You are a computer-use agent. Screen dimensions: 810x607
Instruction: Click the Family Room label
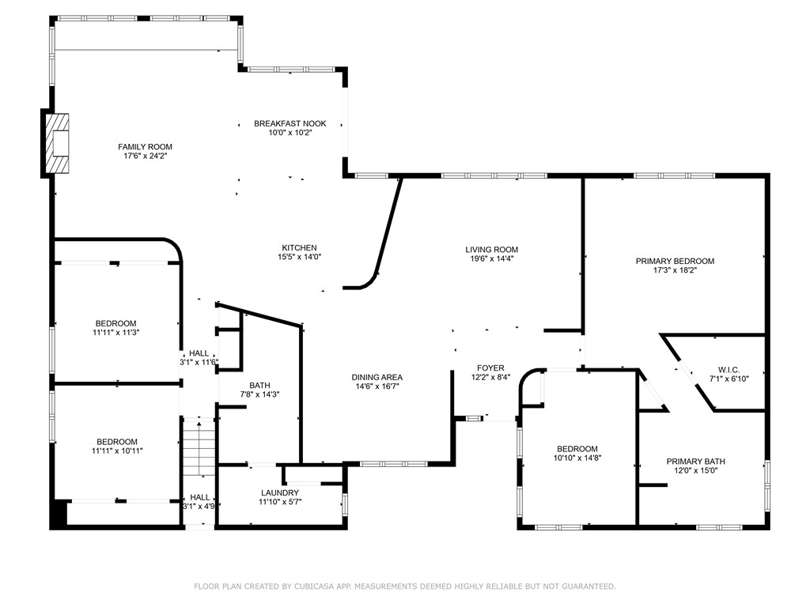point(146,146)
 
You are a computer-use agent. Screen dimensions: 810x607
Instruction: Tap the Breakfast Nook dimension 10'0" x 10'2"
point(290,133)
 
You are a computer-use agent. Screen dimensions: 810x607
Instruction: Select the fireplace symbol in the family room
point(57,144)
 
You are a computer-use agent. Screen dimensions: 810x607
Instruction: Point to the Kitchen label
point(299,247)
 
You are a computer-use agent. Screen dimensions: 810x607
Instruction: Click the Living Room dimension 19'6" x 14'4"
point(491,258)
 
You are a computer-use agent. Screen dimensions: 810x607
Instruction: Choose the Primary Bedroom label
point(675,261)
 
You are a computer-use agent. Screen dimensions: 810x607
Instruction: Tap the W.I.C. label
point(729,370)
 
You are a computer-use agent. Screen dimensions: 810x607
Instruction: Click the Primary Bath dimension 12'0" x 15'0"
point(696,470)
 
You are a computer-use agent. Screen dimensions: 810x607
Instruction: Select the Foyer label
point(490,368)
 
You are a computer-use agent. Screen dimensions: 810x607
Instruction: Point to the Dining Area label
point(377,377)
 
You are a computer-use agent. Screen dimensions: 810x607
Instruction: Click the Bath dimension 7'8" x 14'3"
point(259,394)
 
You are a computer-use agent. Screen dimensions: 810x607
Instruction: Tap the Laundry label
point(279,493)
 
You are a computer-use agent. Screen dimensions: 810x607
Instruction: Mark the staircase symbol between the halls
point(199,447)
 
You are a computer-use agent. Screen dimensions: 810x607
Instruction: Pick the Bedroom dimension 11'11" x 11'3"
point(116,333)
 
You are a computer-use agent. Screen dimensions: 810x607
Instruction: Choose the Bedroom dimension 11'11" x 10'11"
point(117,451)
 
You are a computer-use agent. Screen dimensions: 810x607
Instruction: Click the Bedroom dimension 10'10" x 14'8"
point(577,458)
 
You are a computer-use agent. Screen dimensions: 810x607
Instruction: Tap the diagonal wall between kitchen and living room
point(388,225)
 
